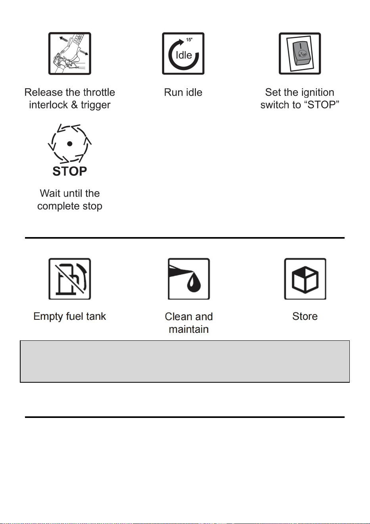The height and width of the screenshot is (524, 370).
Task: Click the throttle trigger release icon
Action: coord(70,53)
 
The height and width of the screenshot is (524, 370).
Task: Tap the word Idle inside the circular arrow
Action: coord(184,55)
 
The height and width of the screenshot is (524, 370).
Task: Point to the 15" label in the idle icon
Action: coord(189,40)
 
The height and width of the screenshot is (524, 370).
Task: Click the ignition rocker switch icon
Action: coord(300,53)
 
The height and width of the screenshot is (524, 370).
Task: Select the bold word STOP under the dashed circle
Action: coord(70,171)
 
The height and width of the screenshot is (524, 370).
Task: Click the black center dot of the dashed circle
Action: coord(70,144)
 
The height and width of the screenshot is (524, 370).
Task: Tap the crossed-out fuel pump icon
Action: coord(70,279)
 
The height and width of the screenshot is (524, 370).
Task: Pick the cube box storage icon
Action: coord(305,279)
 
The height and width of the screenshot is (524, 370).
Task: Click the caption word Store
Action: coord(305,316)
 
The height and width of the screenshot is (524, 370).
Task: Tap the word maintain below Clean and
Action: coord(189,329)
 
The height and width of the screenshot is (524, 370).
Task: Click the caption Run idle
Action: coord(183,92)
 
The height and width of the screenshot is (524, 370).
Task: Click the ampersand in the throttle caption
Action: coord(74,105)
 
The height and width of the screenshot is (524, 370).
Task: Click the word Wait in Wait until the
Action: coord(49,194)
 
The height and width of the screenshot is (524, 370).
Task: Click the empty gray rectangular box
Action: coord(185,361)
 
